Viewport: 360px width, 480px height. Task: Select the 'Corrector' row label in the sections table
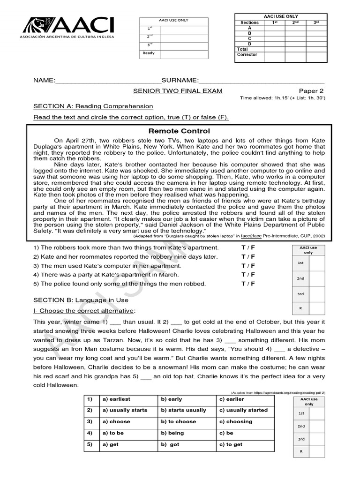click(248, 55)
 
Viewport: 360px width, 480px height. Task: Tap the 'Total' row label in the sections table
click(243, 49)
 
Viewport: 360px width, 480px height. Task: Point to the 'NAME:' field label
click(44, 80)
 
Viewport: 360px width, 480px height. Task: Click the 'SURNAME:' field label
click(180, 80)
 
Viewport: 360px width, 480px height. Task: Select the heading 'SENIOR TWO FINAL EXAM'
click(178, 91)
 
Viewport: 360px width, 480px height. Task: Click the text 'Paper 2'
click(311, 91)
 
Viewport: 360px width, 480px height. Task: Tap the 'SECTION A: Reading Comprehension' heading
click(93, 106)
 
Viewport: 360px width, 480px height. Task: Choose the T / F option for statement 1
click(248, 247)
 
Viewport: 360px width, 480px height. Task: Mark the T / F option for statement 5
click(248, 284)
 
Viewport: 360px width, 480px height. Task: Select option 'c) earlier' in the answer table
click(232, 399)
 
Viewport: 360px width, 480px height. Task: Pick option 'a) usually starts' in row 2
click(125, 410)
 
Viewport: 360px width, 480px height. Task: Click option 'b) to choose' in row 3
click(178, 421)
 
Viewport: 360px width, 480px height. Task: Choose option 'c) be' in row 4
click(226, 433)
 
